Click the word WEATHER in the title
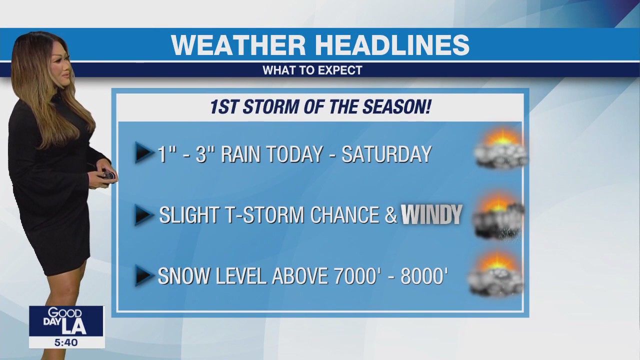pos(237,45)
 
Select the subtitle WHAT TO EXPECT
pos(312,70)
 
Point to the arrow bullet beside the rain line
pos(144,153)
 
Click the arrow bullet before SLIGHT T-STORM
pos(144,214)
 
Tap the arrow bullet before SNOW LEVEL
pos(144,275)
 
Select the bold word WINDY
pos(431,214)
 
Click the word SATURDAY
pos(386,154)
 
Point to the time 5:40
pos(66,342)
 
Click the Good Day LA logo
pos(66,321)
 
